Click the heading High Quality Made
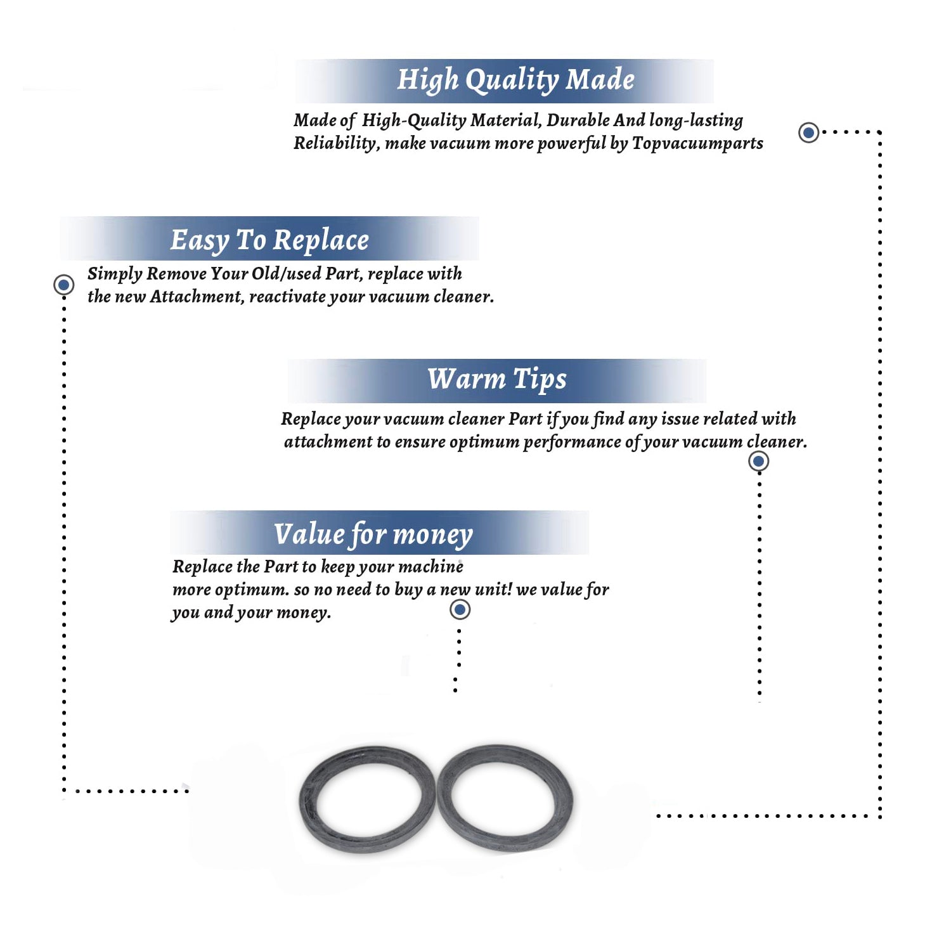click(x=515, y=81)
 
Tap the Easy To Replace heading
click(x=269, y=241)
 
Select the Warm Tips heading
click(x=496, y=380)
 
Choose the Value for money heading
click(x=373, y=534)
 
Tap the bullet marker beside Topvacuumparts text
click(x=808, y=133)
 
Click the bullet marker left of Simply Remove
click(x=63, y=285)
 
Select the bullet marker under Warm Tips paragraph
click(x=758, y=461)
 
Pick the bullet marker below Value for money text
click(x=460, y=609)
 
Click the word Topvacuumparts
click(x=697, y=144)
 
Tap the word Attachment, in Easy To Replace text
click(x=197, y=297)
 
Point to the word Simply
click(x=115, y=275)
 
